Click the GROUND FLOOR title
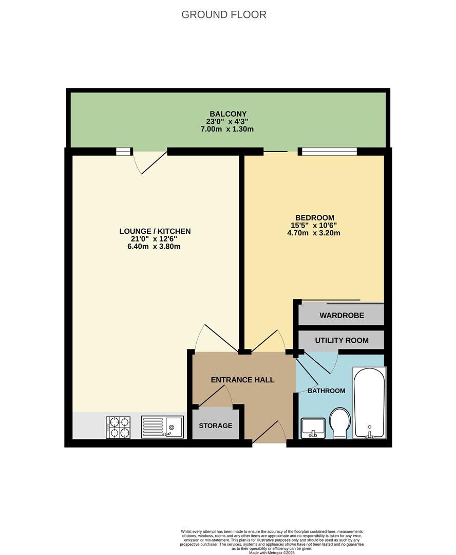click(223, 14)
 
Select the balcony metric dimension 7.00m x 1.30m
click(227, 129)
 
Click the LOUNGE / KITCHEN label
click(155, 231)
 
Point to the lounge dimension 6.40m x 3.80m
click(154, 246)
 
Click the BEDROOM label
click(315, 218)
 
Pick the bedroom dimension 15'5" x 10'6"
click(314, 225)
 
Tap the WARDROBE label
click(341, 316)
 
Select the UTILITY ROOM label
click(341, 340)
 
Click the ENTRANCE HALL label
click(243, 380)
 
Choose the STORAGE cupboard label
click(216, 425)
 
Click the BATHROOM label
click(326, 391)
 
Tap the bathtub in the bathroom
click(370, 403)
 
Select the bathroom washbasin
click(313, 428)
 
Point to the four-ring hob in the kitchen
click(118, 428)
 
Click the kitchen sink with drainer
click(162, 427)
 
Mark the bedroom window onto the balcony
click(329, 152)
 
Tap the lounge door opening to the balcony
click(149, 162)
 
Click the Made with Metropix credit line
click(272, 552)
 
